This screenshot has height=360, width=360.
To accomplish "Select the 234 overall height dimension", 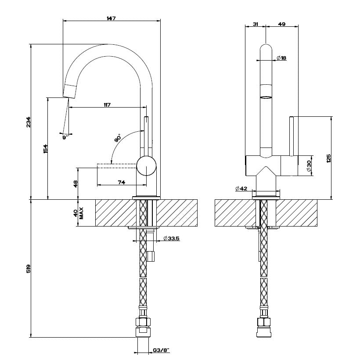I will click(x=28, y=122).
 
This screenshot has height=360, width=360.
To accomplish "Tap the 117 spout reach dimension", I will click(x=107, y=104).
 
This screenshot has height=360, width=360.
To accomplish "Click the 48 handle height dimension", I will click(x=75, y=184).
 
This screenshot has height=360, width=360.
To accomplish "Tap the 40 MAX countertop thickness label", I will click(x=78, y=213).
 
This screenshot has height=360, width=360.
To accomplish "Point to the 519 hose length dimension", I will click(x=28, y=268).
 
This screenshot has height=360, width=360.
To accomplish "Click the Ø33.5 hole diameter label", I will click(x=171, y=238).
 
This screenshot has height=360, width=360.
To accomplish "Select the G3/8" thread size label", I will click(x=161, y=350).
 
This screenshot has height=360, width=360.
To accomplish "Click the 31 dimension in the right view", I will click(x=255, y=25).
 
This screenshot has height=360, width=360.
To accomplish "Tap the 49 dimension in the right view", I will click(x=282, y=25).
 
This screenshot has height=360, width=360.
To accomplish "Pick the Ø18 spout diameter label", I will click(x=281, y=58).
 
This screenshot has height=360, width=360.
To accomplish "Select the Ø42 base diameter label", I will click(x=241, y=188).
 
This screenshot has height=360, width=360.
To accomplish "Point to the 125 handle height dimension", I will click(x=328, y=158).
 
